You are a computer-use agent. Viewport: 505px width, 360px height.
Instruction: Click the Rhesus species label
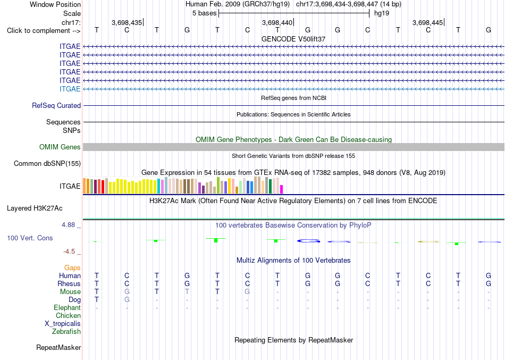[69, 283]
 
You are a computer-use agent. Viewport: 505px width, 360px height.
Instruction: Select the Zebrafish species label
[66, 331]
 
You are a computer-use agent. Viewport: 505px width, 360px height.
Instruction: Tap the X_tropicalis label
[63, 324]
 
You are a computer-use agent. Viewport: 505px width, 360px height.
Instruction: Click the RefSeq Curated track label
[56, 105]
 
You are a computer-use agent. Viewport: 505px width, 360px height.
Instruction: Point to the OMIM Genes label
[60, 147]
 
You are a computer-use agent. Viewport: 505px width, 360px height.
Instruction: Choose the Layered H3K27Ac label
[35, 208]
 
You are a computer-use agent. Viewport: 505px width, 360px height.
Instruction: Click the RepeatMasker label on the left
[58, 347]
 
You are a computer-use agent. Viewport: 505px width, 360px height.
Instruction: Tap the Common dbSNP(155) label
[47, 163]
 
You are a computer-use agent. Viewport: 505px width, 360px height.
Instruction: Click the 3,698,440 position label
[277, 22]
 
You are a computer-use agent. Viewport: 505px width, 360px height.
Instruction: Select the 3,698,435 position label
[127, 22]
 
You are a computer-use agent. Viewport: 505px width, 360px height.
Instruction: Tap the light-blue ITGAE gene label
[70, 89]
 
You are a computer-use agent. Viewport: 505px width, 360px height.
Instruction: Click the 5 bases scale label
[205, 13]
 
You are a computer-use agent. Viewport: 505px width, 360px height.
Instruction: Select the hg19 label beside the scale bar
[382, 13]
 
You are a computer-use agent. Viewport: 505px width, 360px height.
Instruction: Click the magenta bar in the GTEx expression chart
[282, 189]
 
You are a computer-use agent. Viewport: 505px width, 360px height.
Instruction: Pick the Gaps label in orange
[72, 268]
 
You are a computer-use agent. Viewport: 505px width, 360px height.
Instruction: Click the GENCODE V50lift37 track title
[293, 39]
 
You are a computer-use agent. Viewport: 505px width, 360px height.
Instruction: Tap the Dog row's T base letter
[97, 299]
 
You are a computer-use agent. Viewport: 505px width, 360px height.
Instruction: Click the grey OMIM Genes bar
[293, 147]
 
